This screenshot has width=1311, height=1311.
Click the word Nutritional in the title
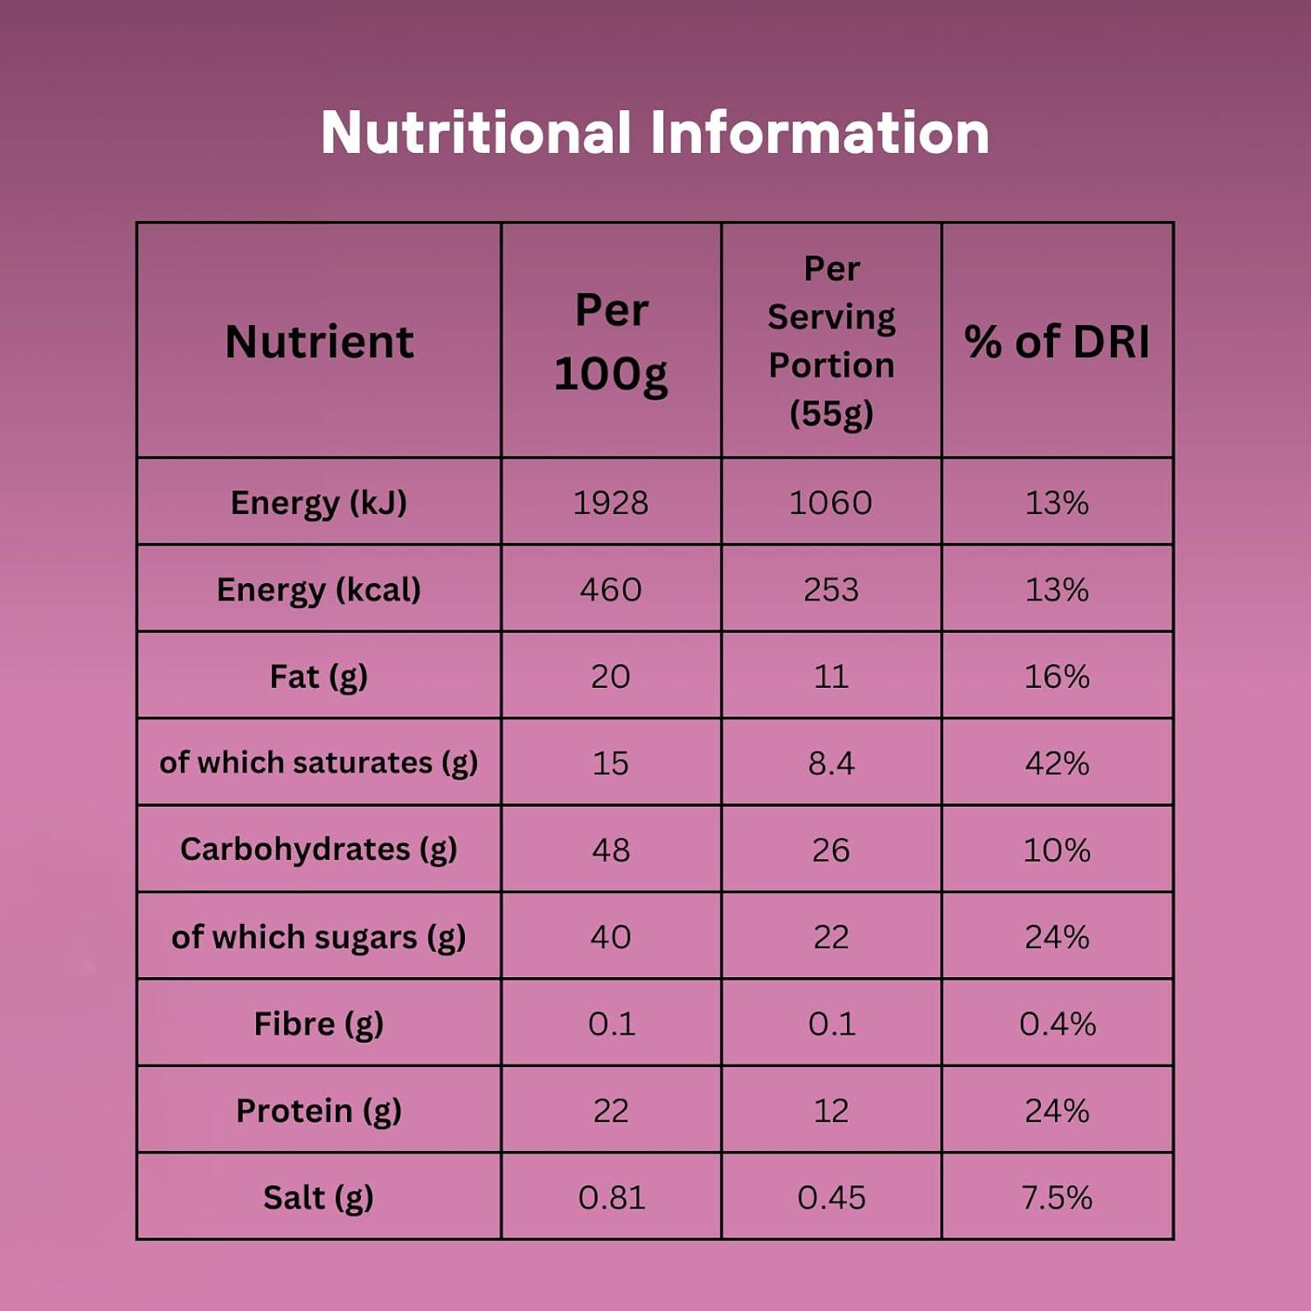(475, 133)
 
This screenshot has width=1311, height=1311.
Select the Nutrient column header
(319, 341)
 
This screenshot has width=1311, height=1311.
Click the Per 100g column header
(611, 342)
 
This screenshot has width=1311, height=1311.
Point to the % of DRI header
(1057, 341)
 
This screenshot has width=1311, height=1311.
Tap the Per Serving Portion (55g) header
(831, 341)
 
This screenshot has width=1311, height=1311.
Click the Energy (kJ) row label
(319, 503)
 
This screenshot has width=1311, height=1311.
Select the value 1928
(611, 503)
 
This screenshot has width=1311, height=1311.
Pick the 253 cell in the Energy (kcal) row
(831, 590)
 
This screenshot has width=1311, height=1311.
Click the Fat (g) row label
(319, 676)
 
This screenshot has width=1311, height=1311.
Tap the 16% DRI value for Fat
(1057, 676)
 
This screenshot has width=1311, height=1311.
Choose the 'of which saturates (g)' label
(319, 763)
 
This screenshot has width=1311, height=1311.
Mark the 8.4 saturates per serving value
(831, 763)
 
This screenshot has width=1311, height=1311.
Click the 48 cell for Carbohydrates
(611, 850)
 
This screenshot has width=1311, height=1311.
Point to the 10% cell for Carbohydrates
(1057, 850)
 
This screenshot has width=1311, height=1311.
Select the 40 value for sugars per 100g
(611, 937)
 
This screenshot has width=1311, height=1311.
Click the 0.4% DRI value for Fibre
(1057, 1023)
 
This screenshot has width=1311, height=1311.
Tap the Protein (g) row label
(319, 1111)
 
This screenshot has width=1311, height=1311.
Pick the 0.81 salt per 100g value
(611, 1197)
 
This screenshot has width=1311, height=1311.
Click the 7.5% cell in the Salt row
(1057, 1197)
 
